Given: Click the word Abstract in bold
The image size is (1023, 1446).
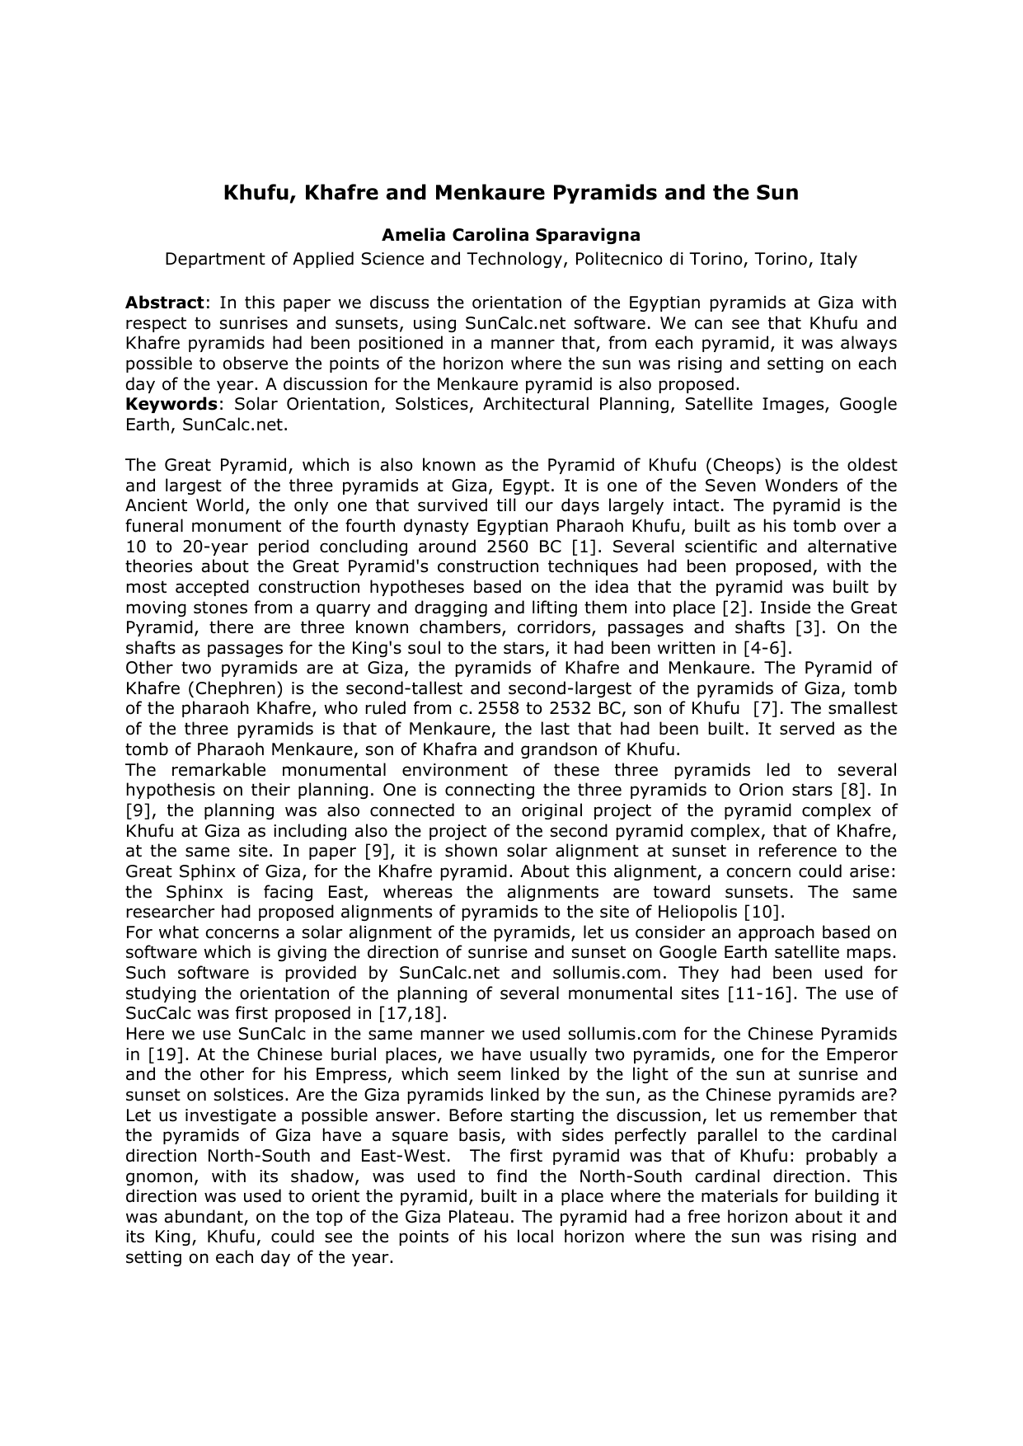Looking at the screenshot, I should [164, 303].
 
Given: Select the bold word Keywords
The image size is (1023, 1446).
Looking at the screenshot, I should [170, 404].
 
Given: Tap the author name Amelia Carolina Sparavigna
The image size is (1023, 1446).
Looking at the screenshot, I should [511, 237].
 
